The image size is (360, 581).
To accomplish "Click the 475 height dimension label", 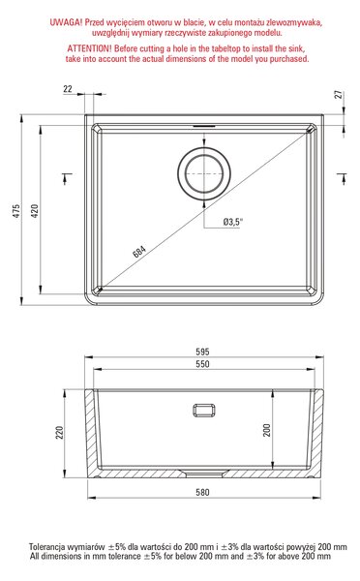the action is [16, 210].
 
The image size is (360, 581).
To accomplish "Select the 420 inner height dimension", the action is [35, 210].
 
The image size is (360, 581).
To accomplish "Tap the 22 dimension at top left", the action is [68, 89].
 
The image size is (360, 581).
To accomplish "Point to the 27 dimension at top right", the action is [339, 95].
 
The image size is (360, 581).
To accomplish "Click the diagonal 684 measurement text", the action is [139, 251].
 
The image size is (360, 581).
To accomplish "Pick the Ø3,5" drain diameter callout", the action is [233, 222].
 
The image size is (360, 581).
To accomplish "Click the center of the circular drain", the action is [204, 173].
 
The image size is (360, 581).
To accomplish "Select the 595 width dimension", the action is [202, 352].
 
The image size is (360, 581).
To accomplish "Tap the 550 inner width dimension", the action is [202, 364].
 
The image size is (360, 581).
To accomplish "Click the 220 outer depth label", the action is [59, 433].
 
